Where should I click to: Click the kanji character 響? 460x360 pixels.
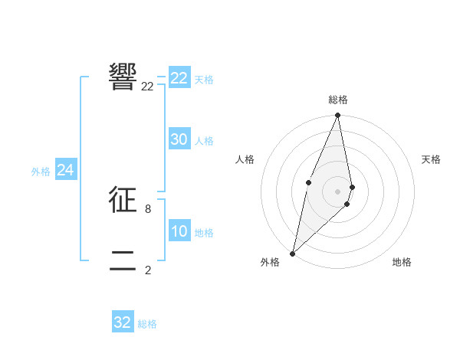(x=123, y=76)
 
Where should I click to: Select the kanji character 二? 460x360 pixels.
(x=123, y=260)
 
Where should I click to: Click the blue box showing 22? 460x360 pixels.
(x=179, y=78)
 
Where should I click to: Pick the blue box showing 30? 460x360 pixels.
(x=179, y=139)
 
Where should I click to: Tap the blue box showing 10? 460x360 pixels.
(x=179, y=232)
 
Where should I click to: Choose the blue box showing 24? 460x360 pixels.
(x=66, y=170)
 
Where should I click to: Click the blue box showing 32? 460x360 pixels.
(x=123, y=322)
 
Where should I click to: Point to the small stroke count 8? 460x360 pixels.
(x=148, y=208)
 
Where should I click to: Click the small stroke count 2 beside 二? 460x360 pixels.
(x=148, y=270)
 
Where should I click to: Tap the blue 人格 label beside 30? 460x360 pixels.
(x=204, y=141)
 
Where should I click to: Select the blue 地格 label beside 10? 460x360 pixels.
(x=204, y=233)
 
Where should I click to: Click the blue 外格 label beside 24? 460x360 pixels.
(x=41, y=172)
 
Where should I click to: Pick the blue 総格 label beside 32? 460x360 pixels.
(x=147, y=324)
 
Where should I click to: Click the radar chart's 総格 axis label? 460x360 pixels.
(x=338, y=100)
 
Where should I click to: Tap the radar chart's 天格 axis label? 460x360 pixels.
(x=431, y=159)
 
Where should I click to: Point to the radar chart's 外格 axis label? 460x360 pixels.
(x=270, y=262)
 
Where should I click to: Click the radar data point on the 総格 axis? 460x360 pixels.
(x=338, y=116)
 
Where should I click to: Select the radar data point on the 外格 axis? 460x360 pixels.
(x=293, y=253)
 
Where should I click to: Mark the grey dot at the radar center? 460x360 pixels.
(x=338, y=191)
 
